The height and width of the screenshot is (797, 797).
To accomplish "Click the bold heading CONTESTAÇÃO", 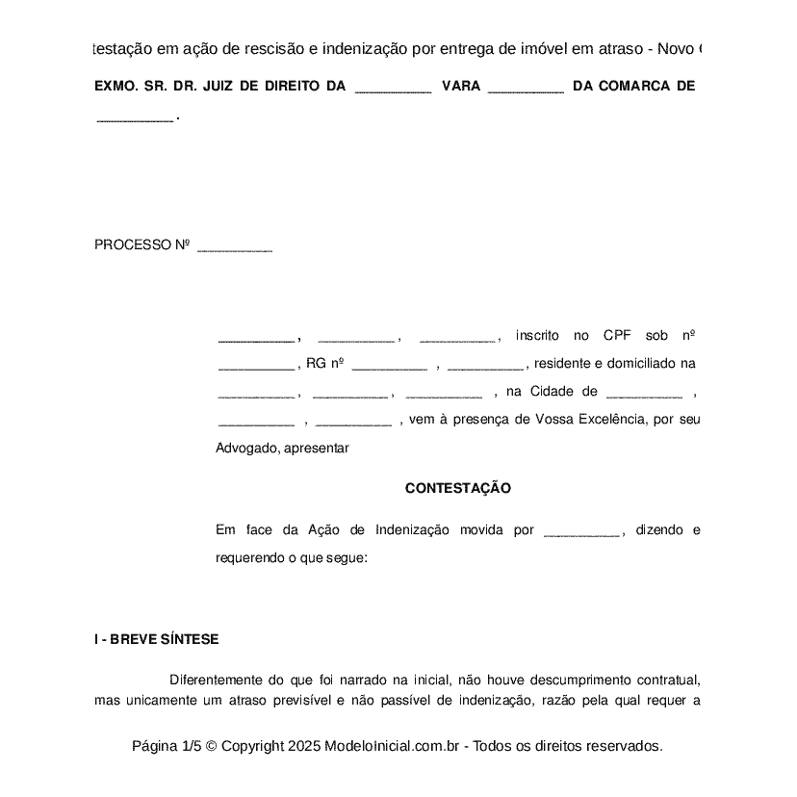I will (457, 488).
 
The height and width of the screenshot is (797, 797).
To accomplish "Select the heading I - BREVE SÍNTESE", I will (157, 639).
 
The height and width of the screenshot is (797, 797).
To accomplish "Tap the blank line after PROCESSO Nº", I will (235, 247).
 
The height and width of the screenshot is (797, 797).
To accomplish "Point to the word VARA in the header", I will (460, 86).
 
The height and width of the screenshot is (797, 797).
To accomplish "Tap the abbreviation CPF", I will (617, 335).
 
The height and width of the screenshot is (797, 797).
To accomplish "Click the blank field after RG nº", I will (389, 367).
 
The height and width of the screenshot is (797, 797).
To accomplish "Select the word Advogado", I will (247, 448).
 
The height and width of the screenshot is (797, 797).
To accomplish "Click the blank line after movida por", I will (581, 532).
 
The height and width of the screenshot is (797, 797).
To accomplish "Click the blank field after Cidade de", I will (644, 395).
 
